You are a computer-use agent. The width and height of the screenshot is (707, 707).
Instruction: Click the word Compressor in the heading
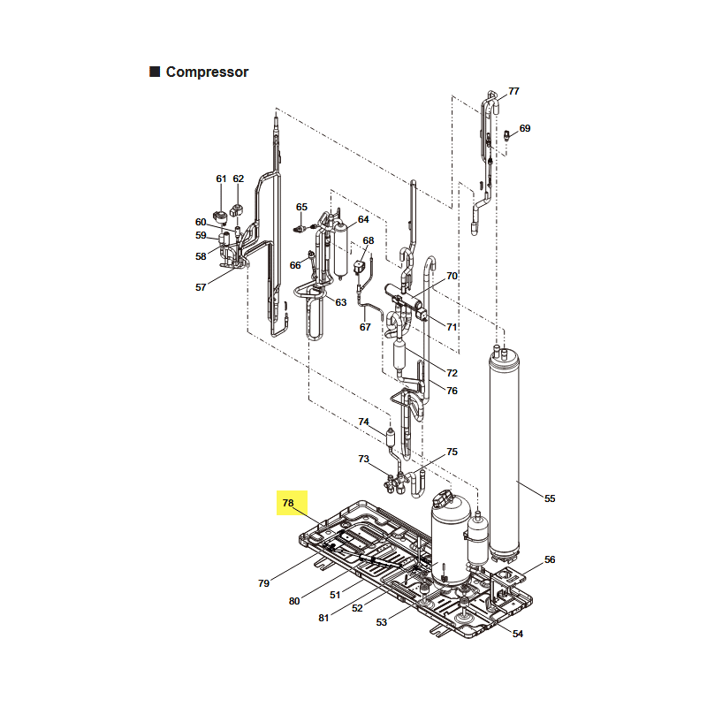click(207, 72)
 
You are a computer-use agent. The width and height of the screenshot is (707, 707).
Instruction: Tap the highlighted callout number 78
click(288, 503)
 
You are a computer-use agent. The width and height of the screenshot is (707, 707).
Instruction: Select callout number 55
click(550, 498)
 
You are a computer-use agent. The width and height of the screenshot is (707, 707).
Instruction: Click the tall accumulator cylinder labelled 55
click(504, 455)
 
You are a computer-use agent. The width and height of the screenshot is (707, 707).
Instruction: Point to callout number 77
click(514, 91)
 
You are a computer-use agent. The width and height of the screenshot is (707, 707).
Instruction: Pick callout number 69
click(525, 128)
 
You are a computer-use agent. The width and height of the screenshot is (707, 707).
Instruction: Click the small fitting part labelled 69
click(506, 135)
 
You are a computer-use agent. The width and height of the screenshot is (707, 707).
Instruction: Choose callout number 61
click(221, 179)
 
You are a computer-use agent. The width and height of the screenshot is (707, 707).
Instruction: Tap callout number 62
click(238, 179)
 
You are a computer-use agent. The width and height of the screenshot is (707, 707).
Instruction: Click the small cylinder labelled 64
click(340, 250)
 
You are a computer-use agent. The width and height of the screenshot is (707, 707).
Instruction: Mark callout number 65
click(301, 207)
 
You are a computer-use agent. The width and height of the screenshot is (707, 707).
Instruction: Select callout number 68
click(369, 240)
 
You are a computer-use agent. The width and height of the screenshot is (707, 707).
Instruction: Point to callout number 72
click(452, 373)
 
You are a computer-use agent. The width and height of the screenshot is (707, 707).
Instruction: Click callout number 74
click(363, 422)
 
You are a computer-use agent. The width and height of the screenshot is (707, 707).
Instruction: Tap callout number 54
click(518, 634)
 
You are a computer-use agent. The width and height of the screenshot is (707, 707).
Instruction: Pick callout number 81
click(323, 618)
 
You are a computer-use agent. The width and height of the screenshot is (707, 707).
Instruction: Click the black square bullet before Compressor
click(155, 72)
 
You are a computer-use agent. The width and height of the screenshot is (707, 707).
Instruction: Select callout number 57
click(201, 287)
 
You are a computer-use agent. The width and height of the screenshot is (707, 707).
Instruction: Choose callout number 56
click(550, 559)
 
